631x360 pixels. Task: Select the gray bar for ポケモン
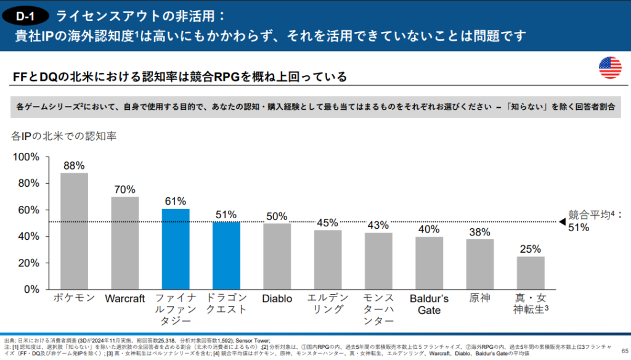[74, 231]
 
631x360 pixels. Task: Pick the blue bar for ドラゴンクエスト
[226, 255]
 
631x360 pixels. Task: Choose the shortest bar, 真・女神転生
[531, 272]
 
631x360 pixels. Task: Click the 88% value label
[74, 165]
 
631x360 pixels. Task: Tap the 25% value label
[531, 249]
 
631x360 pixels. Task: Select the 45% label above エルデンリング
[327, 223]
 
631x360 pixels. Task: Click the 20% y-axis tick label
[28, 263]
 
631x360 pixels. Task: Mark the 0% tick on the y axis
[31, 289]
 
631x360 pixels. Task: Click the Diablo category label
[277, 299]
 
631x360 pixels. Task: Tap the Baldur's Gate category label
[429, 305]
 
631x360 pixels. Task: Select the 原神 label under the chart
[479, 298]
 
